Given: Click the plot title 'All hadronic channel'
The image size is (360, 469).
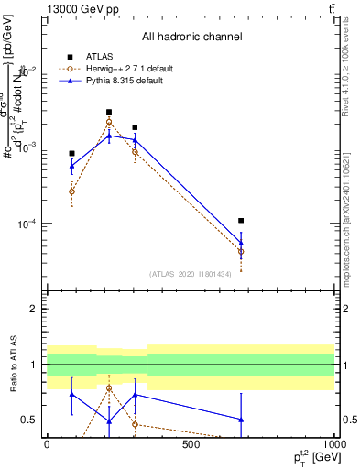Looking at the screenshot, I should (191, 37).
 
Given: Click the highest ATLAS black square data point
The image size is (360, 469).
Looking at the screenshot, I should (109, 112).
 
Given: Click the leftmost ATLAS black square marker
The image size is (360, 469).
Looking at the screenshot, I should (71, 154).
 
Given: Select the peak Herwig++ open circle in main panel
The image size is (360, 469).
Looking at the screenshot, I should (109, 121).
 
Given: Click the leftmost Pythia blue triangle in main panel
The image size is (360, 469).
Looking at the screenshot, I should (71, 166).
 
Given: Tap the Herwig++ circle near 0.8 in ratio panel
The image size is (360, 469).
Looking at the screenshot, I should (109, 387).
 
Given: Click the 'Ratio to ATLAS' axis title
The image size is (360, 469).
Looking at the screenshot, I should (12, 365).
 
